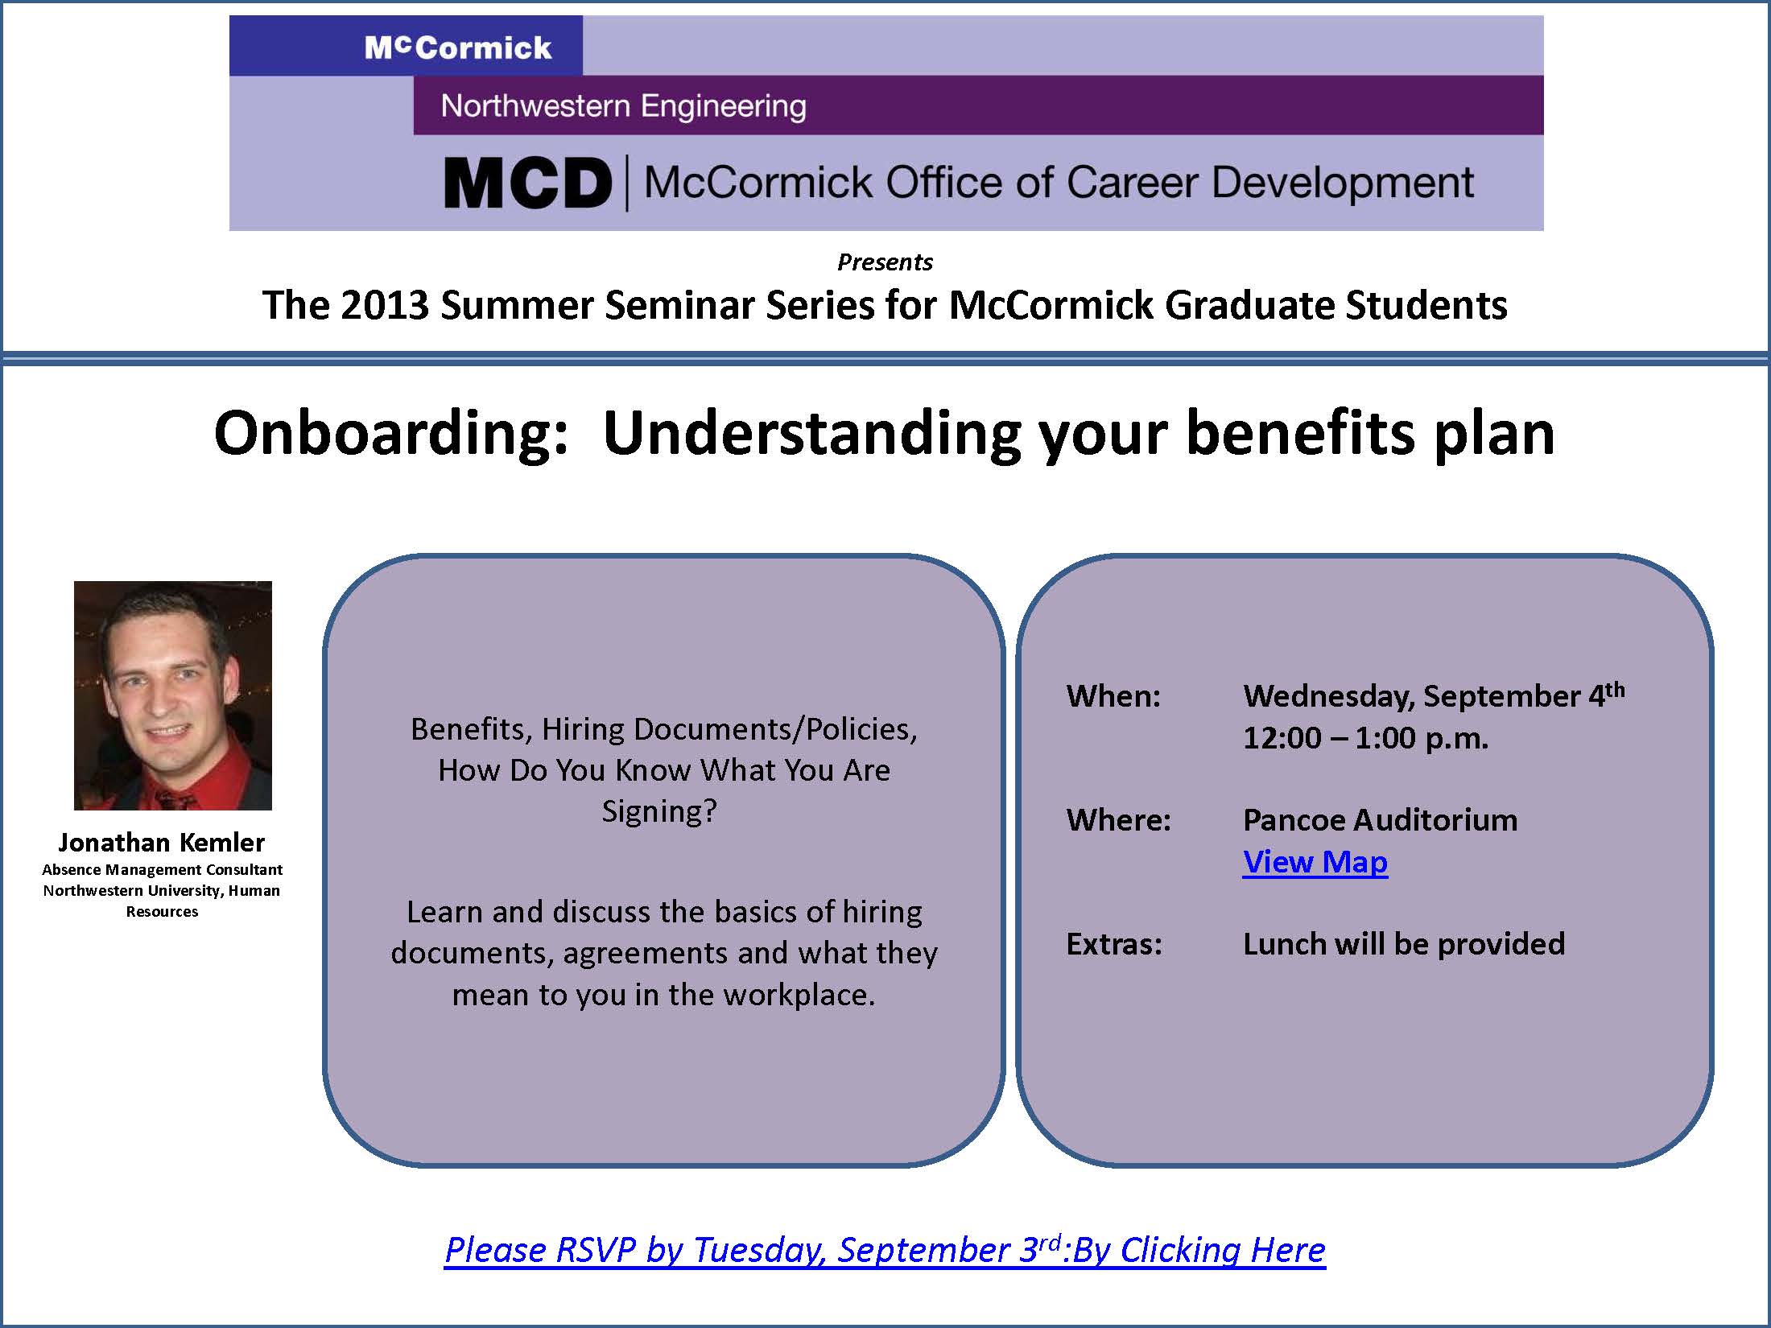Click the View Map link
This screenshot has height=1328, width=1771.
point(1315,862)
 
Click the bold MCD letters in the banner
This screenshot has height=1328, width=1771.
point(528,183)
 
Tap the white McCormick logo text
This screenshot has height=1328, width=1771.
point(458,47)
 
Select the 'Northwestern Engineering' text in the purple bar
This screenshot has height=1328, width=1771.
point(624,105)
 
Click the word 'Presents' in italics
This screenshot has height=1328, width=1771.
point(885,262)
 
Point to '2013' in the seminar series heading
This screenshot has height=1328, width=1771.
point(385,305)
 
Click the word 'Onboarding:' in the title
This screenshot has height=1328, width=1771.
point(392,435)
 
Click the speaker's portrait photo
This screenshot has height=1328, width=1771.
point(173,695)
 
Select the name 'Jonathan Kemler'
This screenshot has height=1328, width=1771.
point(162,842)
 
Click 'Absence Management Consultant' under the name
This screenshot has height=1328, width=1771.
point(162,869)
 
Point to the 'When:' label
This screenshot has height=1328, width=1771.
point(1114,696)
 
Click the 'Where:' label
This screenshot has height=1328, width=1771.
point(1119,820)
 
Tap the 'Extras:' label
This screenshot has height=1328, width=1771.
point(1115,944)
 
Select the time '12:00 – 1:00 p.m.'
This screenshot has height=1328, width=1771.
point(1366,738)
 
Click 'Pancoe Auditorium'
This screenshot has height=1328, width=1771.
point(1381,820)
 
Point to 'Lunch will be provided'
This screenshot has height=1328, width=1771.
point(1404,944)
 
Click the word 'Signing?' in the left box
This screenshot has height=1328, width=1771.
point(659,811)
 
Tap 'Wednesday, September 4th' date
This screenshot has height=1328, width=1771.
point(1435,695)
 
